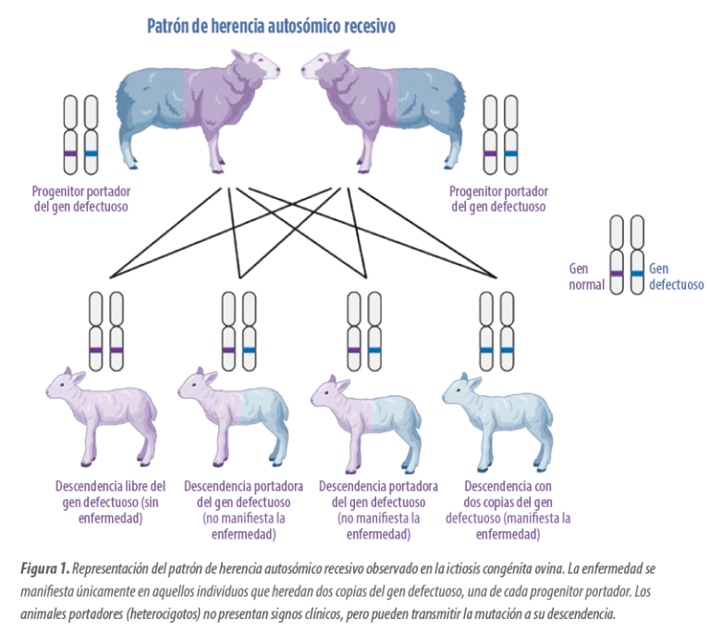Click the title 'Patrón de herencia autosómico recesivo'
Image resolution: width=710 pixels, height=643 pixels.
point(272,26)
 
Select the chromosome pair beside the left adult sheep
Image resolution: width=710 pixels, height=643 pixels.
point(80,133)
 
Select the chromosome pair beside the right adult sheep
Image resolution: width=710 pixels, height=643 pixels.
point(500,133)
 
